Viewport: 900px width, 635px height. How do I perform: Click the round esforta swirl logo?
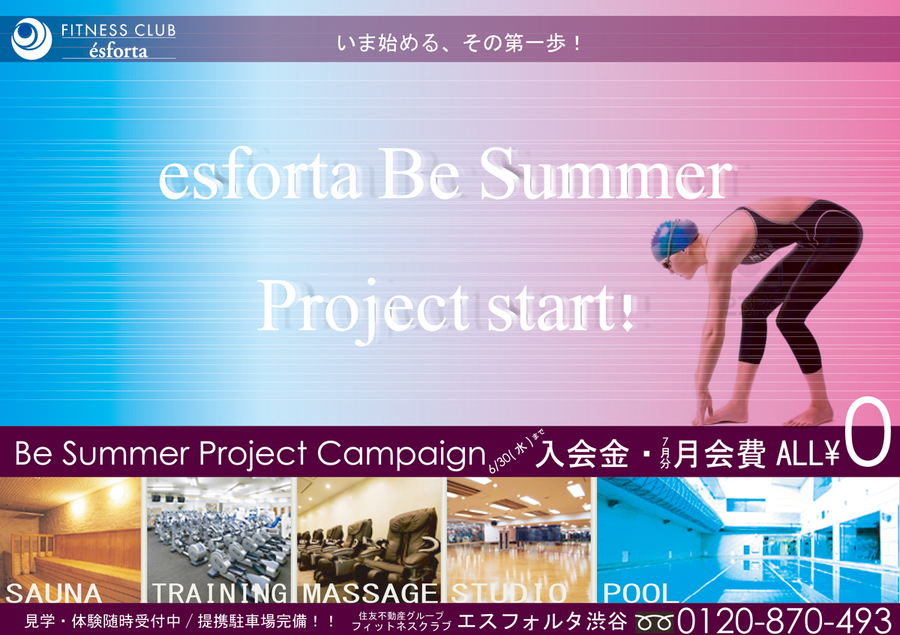coord(31,39)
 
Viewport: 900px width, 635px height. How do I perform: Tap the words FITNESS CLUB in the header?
coord(118,31)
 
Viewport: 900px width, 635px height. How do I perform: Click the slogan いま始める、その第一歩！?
coord(459,44)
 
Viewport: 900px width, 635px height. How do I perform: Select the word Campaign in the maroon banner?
coord(401,455)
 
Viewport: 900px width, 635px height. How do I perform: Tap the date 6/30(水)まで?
coord(515,451)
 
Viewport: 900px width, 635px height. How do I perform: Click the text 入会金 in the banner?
coord(582,453)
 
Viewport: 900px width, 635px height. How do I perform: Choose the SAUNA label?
coord(53,593)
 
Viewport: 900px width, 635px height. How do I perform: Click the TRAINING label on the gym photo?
coord(220,593)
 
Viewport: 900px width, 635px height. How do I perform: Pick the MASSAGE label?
coord(370,593)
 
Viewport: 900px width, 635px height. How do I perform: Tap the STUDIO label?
coord(508,593)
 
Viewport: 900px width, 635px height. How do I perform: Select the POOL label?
coord(637,593)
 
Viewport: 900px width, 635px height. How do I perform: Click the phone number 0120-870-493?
coord(784,620)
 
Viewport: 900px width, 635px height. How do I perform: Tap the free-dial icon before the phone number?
coord(654,621)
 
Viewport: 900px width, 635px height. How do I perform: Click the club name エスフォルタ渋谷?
coord(542,621)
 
